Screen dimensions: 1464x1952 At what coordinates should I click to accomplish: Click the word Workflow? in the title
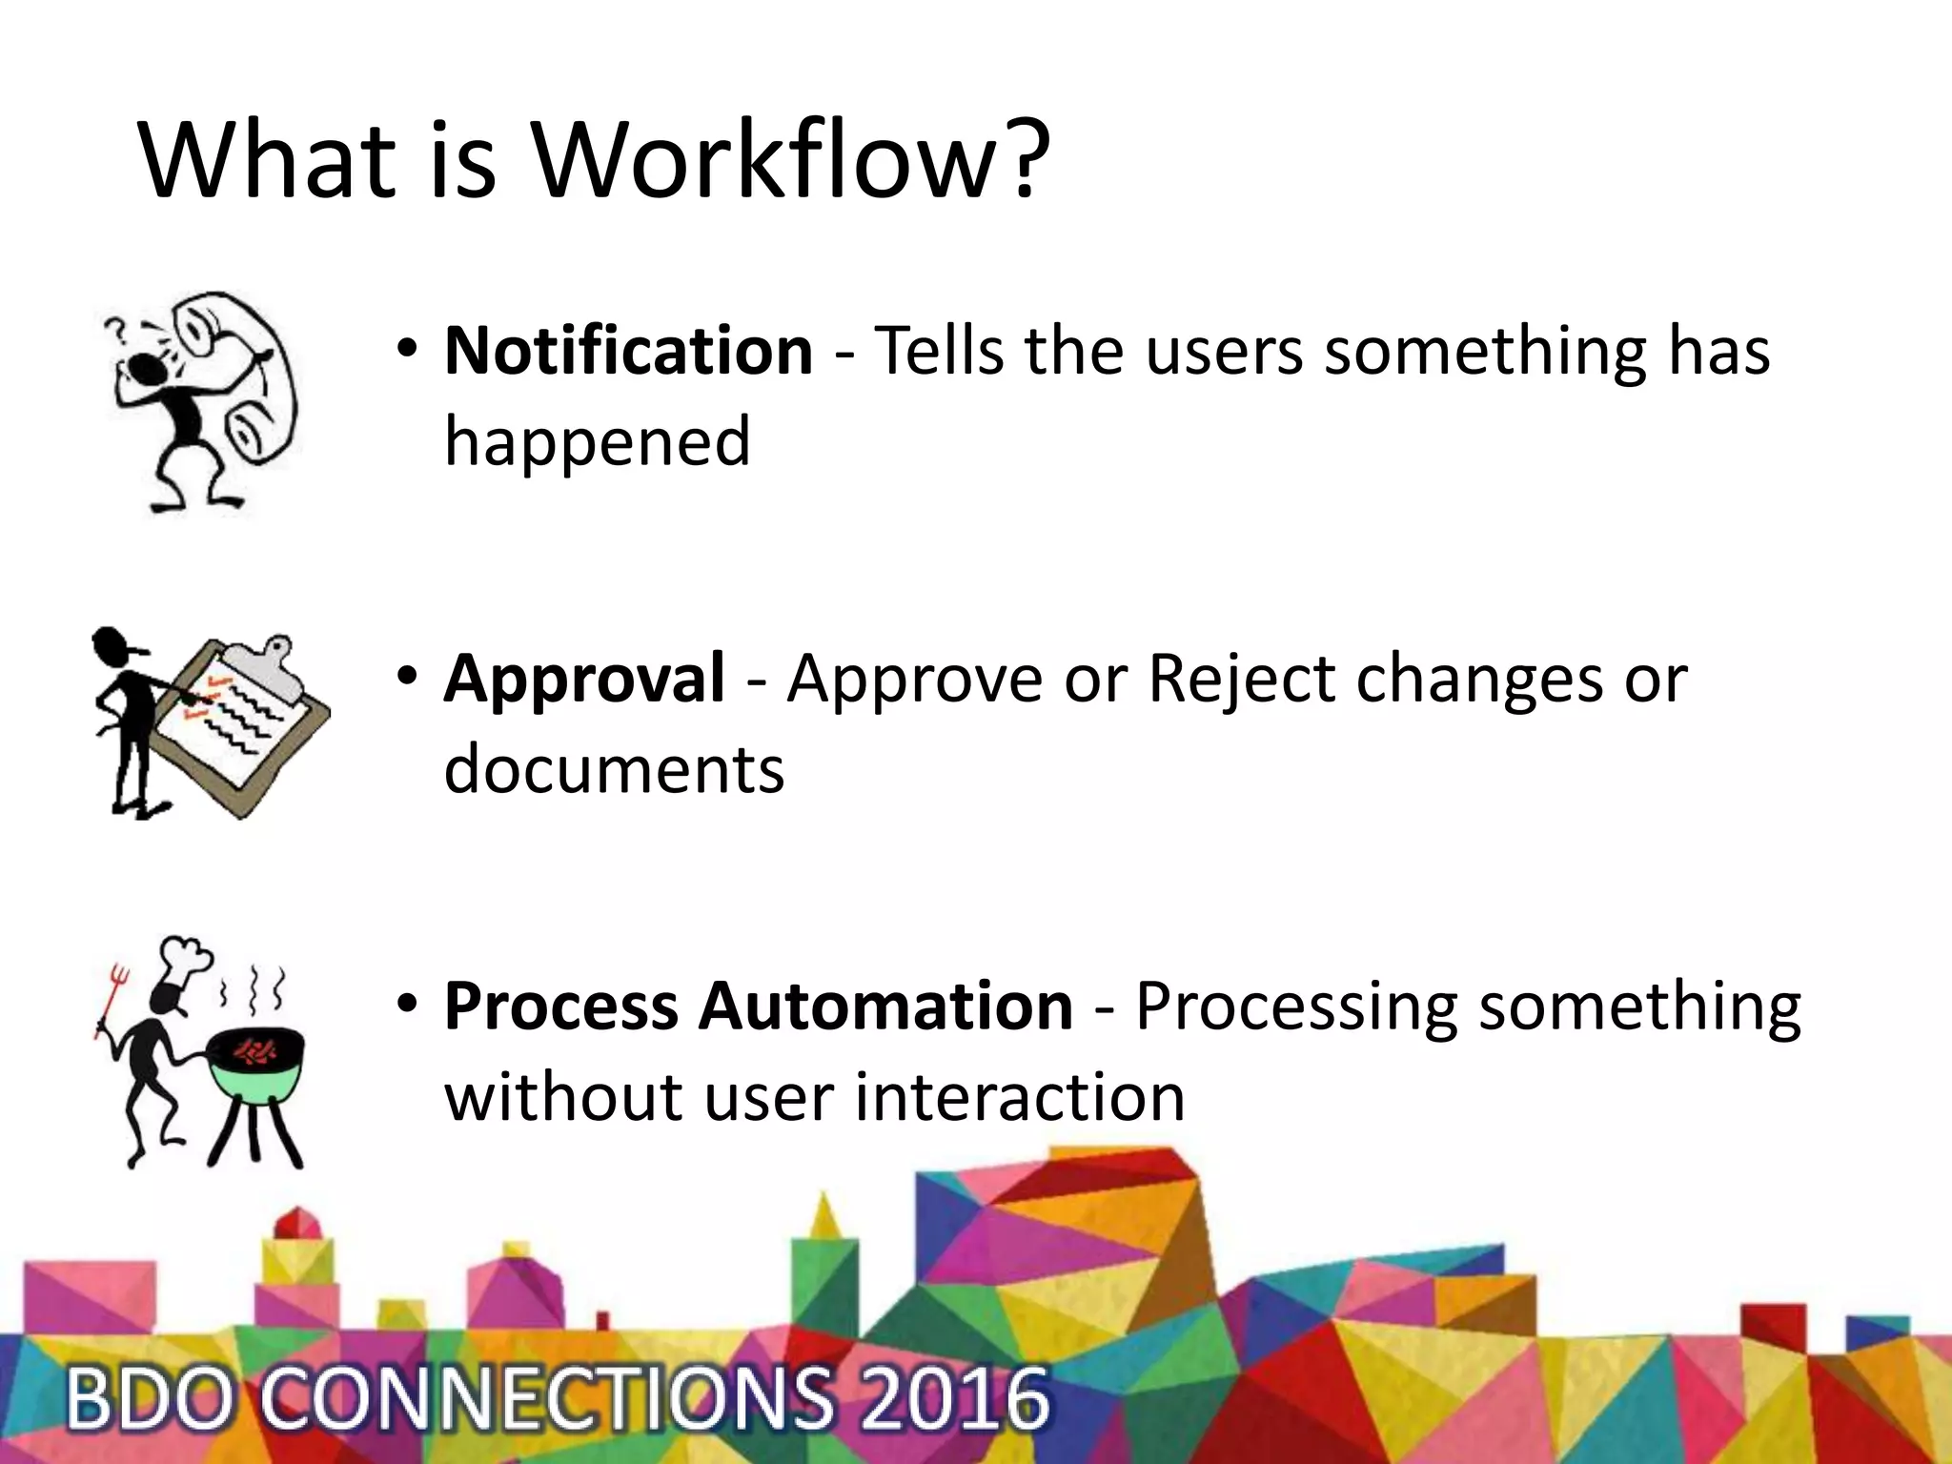point(791,159)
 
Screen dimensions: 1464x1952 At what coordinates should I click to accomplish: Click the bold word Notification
point(629,351)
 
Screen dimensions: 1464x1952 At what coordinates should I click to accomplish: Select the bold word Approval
point(584,679)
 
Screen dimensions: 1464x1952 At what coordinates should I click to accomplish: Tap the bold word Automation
point(885,1006)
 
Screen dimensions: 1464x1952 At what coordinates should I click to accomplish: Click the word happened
point(598,442)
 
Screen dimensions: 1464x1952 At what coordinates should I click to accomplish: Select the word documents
point(614,770)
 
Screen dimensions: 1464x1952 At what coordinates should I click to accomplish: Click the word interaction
point(1019,1098)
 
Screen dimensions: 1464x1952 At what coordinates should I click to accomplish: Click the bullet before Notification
point(408,348)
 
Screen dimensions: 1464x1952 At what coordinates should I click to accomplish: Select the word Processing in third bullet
point(1295,1006)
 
